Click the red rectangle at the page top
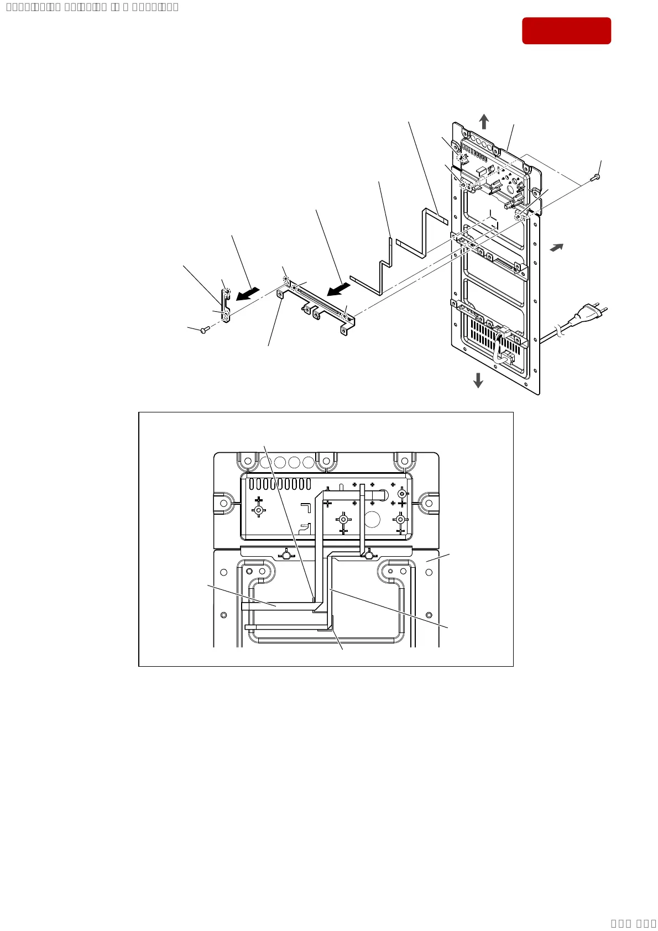(x=566, y=30)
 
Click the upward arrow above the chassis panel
(x=484, y=122)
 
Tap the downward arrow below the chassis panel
(x=478, y=380)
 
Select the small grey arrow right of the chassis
(x=556, y=248)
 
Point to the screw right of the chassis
(x=596, y=177)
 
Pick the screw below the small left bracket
(x=205, y=330)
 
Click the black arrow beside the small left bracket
(x=247, y=294)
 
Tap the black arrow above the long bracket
(x=338, y=289)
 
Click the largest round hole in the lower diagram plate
(x=372, y=520)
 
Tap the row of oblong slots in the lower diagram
(x=280, y=484)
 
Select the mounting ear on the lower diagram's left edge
(x=224, y=503)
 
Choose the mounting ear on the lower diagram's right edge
(x=429, y=503)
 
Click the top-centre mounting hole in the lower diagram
(x=326, y=460)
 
